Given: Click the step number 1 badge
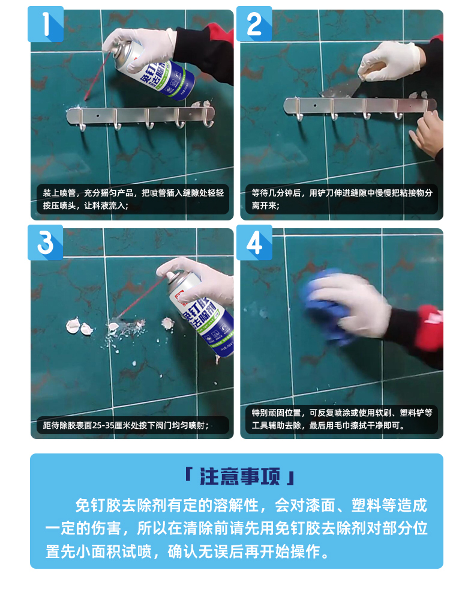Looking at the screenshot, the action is [x=46, y=24].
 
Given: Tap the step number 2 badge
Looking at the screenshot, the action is [x=254, y=24].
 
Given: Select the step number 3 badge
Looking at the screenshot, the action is [x=45, y=243].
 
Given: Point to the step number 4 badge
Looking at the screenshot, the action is [x=254, y=243].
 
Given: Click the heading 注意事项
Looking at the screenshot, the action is [x=239, y=476].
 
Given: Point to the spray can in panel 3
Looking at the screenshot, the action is [x=201, y=311].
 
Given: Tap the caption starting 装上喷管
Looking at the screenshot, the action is [x=133, y=199].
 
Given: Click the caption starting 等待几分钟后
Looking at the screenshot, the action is [x=341, y=199].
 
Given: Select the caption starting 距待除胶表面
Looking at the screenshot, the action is [x=126, y=425].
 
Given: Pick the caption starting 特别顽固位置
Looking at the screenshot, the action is [x=341, y=419].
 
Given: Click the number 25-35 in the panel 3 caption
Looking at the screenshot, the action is [x=105, y=425].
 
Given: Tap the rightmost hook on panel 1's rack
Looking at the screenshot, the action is [x=209, y=118].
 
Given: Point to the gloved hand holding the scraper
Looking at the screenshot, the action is [x=389, y=61].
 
